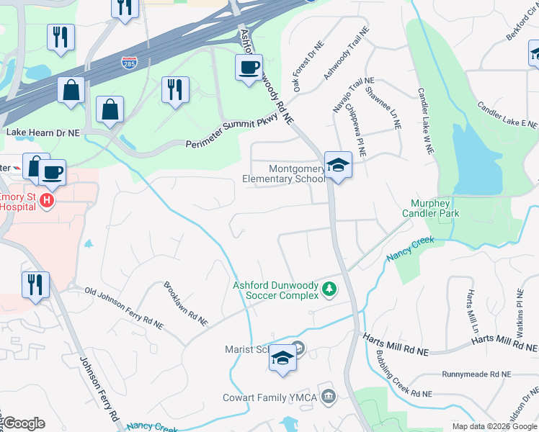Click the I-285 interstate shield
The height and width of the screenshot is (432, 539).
click(x=130, y=63)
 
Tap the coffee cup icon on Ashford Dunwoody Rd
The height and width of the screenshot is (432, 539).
click(x=249, y=68)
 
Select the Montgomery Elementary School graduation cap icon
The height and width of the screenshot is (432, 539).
click(x=337, y=166)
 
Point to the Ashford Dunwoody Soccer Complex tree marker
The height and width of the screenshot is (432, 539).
click(x=329, y=289)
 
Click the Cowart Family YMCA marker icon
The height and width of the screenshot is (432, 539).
click(x=329, y=395)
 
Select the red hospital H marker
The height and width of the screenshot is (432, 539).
click(x=46, y=199)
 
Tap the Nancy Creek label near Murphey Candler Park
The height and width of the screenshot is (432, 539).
click(x=411, y=248)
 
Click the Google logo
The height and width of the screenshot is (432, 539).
click(x=24, y=423)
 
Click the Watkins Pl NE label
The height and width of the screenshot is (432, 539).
click(x=519, y=315)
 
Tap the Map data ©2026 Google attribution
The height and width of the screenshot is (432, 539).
click(x=494, y=426)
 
